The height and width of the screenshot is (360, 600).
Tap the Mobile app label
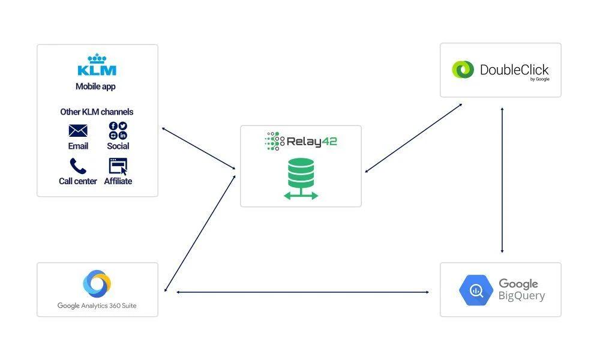point(95,86)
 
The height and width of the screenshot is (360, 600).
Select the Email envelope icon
point(78,130)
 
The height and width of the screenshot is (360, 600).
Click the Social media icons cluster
point(118,130)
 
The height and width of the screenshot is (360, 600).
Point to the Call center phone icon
point(78,166)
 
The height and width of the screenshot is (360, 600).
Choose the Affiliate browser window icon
point(118,166)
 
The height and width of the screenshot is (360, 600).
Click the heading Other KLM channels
point(97,112)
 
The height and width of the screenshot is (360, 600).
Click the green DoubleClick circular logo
point(463,70)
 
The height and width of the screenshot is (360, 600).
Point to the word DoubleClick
point(514,70)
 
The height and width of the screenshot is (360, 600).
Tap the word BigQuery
point(521,296)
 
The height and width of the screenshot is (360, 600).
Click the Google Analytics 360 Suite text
point(97,306)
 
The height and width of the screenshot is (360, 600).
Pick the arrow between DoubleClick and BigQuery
point(502,180)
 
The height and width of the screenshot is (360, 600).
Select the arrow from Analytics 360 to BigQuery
point(303,292)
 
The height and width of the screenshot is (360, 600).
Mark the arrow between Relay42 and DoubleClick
point(414,138)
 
